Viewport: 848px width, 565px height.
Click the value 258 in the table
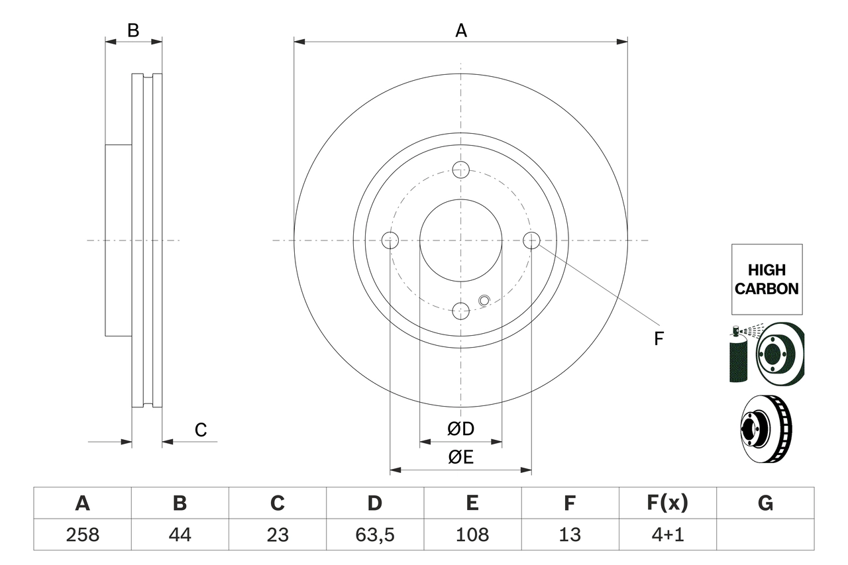click(x=82, y=535)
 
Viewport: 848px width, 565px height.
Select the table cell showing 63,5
click(x=374, y=535)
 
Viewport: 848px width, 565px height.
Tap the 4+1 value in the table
click(x=667, y=535)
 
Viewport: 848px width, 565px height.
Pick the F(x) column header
click(x=667, y=503)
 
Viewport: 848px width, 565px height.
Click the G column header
click(x=765, y=503)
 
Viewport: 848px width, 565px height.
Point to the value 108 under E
click(x=472, y=535)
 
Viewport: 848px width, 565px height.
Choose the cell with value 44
click(x=180, y=535)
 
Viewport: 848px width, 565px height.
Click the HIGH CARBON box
click(x=767, y=279)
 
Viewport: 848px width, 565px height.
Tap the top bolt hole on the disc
click(x=461, y=170)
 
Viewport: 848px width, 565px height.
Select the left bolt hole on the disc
click(x=391, y=240)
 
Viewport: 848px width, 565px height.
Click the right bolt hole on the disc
click(x=531, y=240)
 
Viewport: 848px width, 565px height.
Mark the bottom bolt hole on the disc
click(x=461, y=310)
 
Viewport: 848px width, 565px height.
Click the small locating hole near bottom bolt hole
click(x=484, y=301)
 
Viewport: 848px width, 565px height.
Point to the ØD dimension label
click(x=461, y=429)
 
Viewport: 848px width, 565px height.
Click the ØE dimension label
click(x=461, y=458)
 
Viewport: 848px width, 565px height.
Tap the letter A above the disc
click(x=461, y=30)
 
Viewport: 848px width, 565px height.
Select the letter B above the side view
click(x=133, y=30)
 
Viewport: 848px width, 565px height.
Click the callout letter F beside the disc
click(x=658, y=339)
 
